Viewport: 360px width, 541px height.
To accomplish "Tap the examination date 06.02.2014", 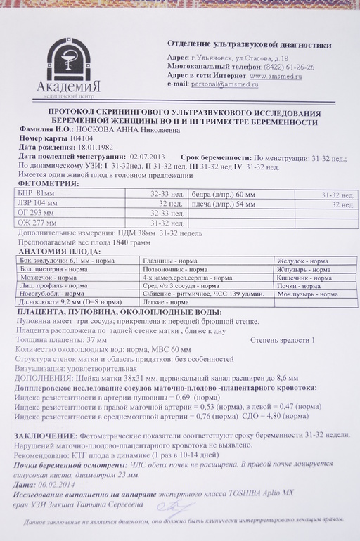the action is coord(57,485).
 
